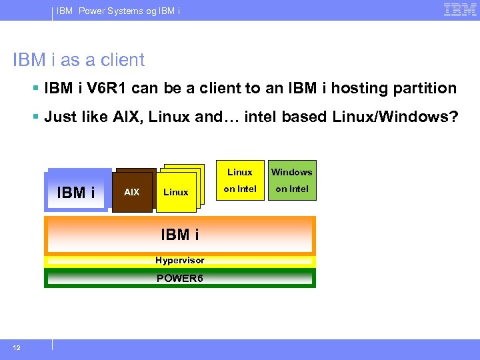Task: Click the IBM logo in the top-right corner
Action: click(x=459, y=10)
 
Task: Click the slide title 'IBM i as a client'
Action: click(x=79, y=60)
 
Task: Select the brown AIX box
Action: click(x=132, y=192)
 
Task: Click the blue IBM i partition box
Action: click(x=76, y=192)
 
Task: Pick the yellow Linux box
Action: click(x=176, y=192)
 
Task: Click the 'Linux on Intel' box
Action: click(x=240, y=181)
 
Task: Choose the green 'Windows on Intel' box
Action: click(x=292, y=181)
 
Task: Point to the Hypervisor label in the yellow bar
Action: click(x=179, y=260)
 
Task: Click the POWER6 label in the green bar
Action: click(x=179, y=278)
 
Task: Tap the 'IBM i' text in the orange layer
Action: click(x=179, y=235)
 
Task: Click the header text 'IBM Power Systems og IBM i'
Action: click(x=118, y=11)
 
